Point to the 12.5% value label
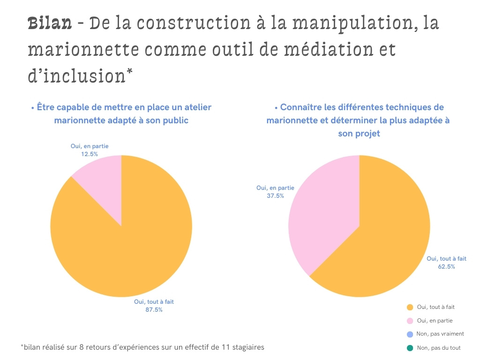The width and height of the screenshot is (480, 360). pyautogui.click(x=89, y=154)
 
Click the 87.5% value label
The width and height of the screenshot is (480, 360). pyautogui.click(x=154, y=310)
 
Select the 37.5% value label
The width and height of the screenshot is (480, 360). pyautogui.click(x=275, y=196)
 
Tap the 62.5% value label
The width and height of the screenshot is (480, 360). pyautogui.click(x=446, y=266)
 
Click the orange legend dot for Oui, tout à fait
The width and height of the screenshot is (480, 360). pyautogui.click(x=410, y=307)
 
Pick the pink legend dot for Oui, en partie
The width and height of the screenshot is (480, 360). pyautogui.click(x=410, y=321)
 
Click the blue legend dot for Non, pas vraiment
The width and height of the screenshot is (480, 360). pyautogui.click(x=410, y=334)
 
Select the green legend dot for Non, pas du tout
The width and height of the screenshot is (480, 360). pyautogui.click(x=410, y=348)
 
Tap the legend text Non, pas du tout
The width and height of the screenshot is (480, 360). pyautogui.click(x=439, y=348)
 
